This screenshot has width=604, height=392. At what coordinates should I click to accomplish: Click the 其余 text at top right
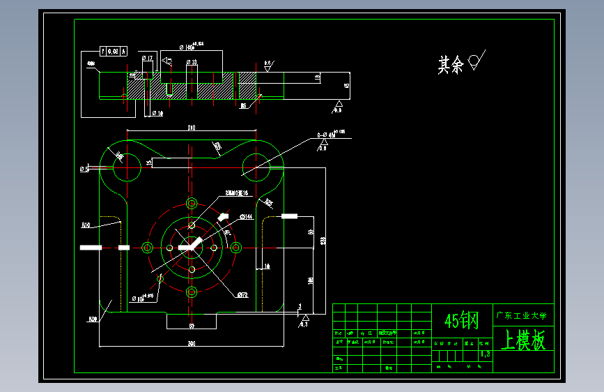(451, 66)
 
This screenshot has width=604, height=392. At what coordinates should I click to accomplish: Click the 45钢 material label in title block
(462, 321)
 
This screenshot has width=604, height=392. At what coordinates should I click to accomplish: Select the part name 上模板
(523, 341)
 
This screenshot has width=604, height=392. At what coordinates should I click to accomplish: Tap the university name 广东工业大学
(523, 315)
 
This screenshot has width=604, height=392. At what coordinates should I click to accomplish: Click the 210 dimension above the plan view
(191, 128)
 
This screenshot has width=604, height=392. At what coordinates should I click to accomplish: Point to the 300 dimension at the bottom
(191, 343)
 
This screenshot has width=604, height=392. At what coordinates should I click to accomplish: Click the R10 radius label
(86, 225)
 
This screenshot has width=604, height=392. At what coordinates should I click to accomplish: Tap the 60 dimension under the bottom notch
(191, 326)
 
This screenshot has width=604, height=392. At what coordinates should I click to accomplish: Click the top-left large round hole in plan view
(125, 165)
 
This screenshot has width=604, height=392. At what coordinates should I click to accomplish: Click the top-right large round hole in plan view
(256, 165)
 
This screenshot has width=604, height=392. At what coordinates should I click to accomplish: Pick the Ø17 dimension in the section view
(147, 59)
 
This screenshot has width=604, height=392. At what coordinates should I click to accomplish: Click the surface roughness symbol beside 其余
(477, 61)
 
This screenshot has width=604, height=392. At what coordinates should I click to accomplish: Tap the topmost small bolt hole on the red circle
(192, 203)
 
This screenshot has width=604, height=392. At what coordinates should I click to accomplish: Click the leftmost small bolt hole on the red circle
(147, 248)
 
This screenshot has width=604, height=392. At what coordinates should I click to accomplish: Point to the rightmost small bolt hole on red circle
(236, 248)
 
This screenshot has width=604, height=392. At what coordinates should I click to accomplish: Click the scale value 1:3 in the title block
(485, 354)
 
